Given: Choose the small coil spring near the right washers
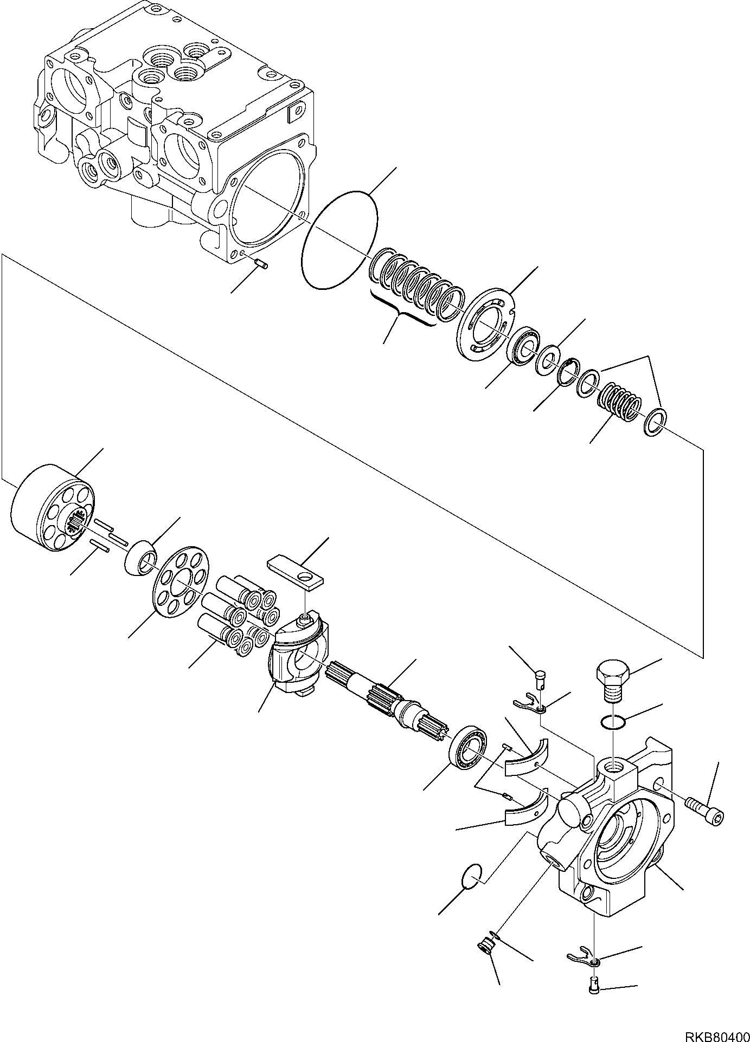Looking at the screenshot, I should point(618,402).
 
